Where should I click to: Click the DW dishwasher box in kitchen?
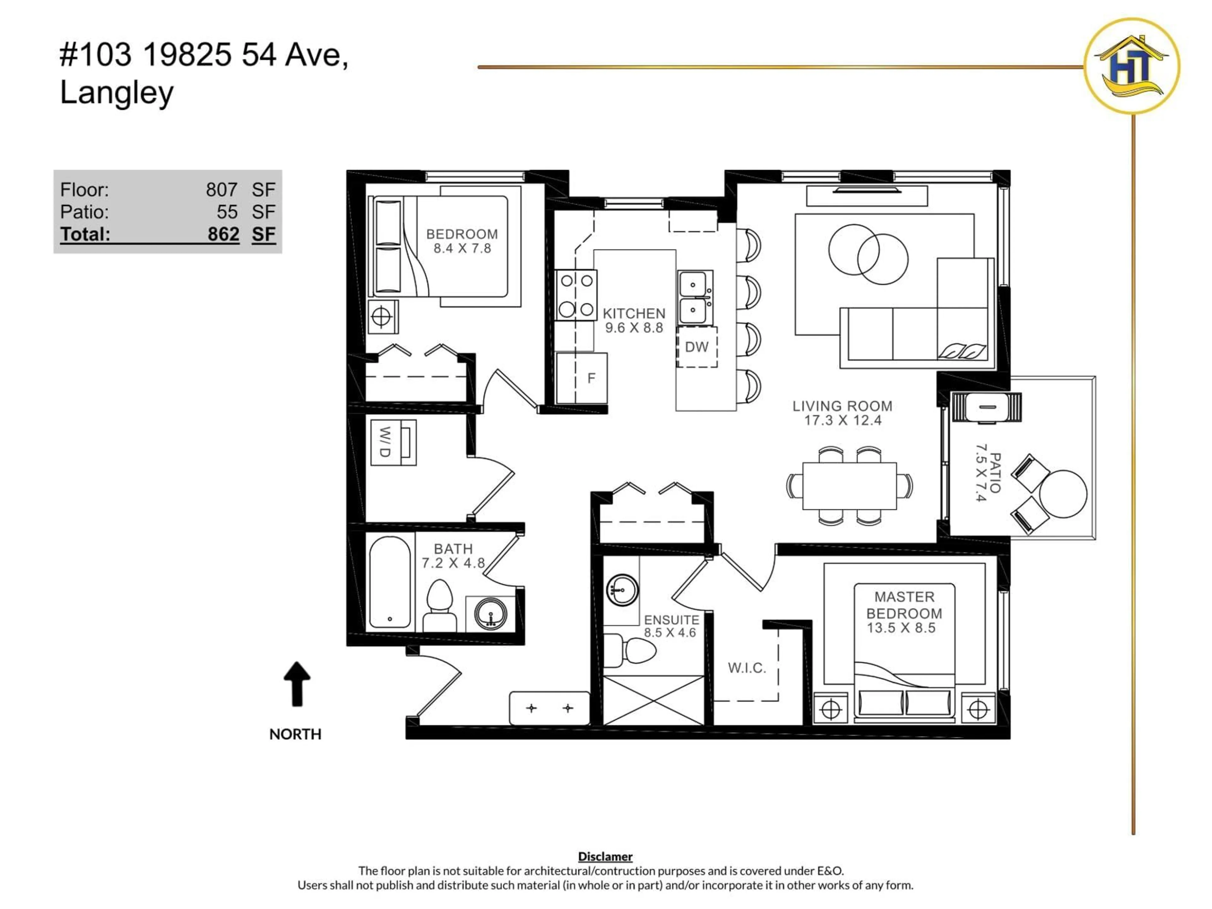pyautogui.click(x=696, y=347)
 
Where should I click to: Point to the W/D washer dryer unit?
pyautogui.click(x=393, y=442)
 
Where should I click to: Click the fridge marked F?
pyautogui.click(x=582, y=378)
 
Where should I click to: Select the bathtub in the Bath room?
pyautogui.click(x=389, y=582)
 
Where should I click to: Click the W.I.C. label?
pyautogui.click(x=746, y=668)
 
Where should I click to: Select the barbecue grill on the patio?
pyautogui.click(x=987, y=407)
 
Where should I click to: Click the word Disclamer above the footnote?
pyautogui.click(x=605, y=856)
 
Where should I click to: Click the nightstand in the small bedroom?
pyautogui.click(x=382, y=317)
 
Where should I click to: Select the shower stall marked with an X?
pyautogui.click(x=653, y=700)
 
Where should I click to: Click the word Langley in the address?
pyautogui.click(x=117, y=92)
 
